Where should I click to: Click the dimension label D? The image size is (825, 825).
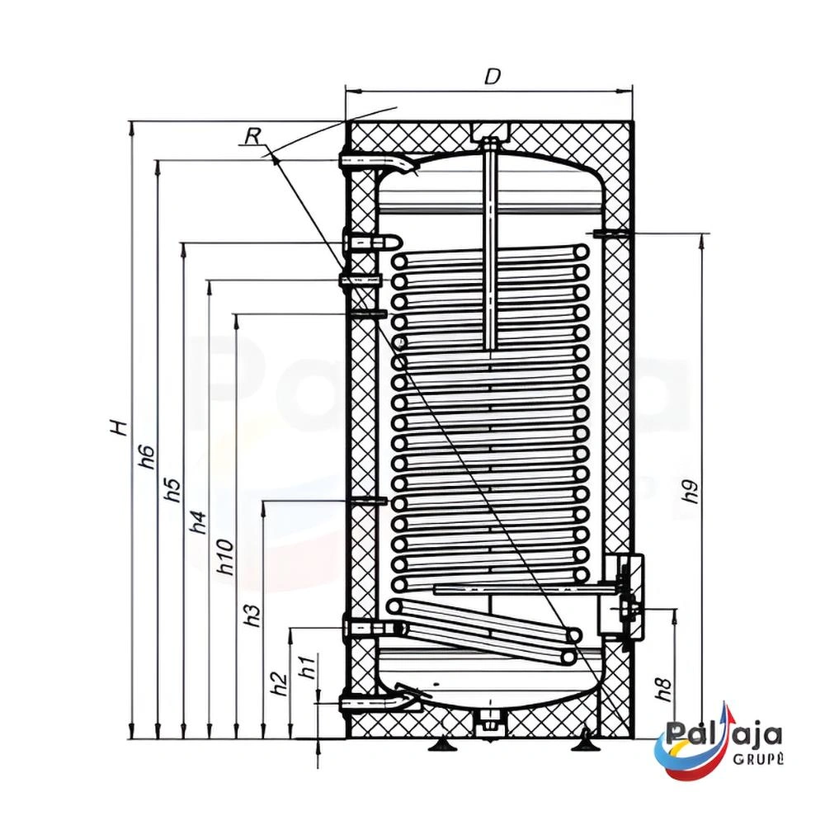pyautogui.click(x=492, y=77)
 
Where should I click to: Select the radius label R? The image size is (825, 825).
pyautogui.click(x=252, y=137)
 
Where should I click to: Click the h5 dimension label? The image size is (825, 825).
pyautogui.click(x=174, y=490)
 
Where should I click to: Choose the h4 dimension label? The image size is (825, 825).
pyautogui.click(x=198, y=521)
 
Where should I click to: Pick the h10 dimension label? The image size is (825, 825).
pyautogui.click(x=225, y=557)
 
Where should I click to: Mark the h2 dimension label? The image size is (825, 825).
pyautogui.click(x=281, y=685)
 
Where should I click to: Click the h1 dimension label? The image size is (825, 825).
pyautogui.click(x=308, y=666)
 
